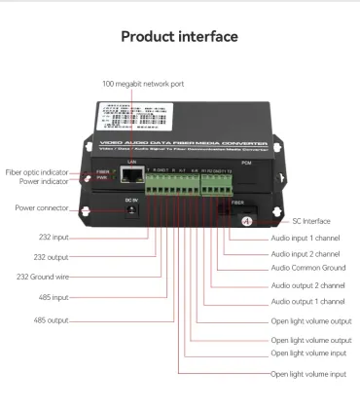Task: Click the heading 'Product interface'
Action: tap(179, 37)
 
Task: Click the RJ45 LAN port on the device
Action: tap(130, 178)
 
